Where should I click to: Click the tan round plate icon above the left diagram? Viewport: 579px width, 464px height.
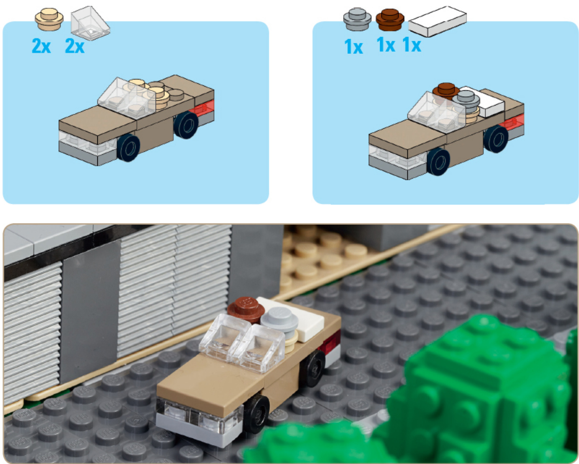pos(49,19)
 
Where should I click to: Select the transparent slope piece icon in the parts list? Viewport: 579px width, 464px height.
pos(90,23)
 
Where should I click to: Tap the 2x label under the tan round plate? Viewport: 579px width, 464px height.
pos(41,46)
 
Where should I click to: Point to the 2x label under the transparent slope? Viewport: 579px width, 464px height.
pos(75,46)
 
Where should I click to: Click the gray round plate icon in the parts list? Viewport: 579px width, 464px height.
pos(357,19)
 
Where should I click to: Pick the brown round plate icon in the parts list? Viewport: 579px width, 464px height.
pos(390,20)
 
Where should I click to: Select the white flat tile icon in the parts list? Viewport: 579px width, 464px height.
pos(438,21)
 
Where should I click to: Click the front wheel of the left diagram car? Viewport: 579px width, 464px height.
pos(129,148)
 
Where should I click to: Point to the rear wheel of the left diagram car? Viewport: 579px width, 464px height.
pos(186,125)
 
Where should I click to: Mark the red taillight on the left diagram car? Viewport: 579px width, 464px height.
pos(202,108)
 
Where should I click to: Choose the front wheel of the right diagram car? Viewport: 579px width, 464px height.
pos(438,161)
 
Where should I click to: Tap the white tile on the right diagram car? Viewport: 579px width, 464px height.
pos(482,101)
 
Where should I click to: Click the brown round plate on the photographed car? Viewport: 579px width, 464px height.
pos(246,309)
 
